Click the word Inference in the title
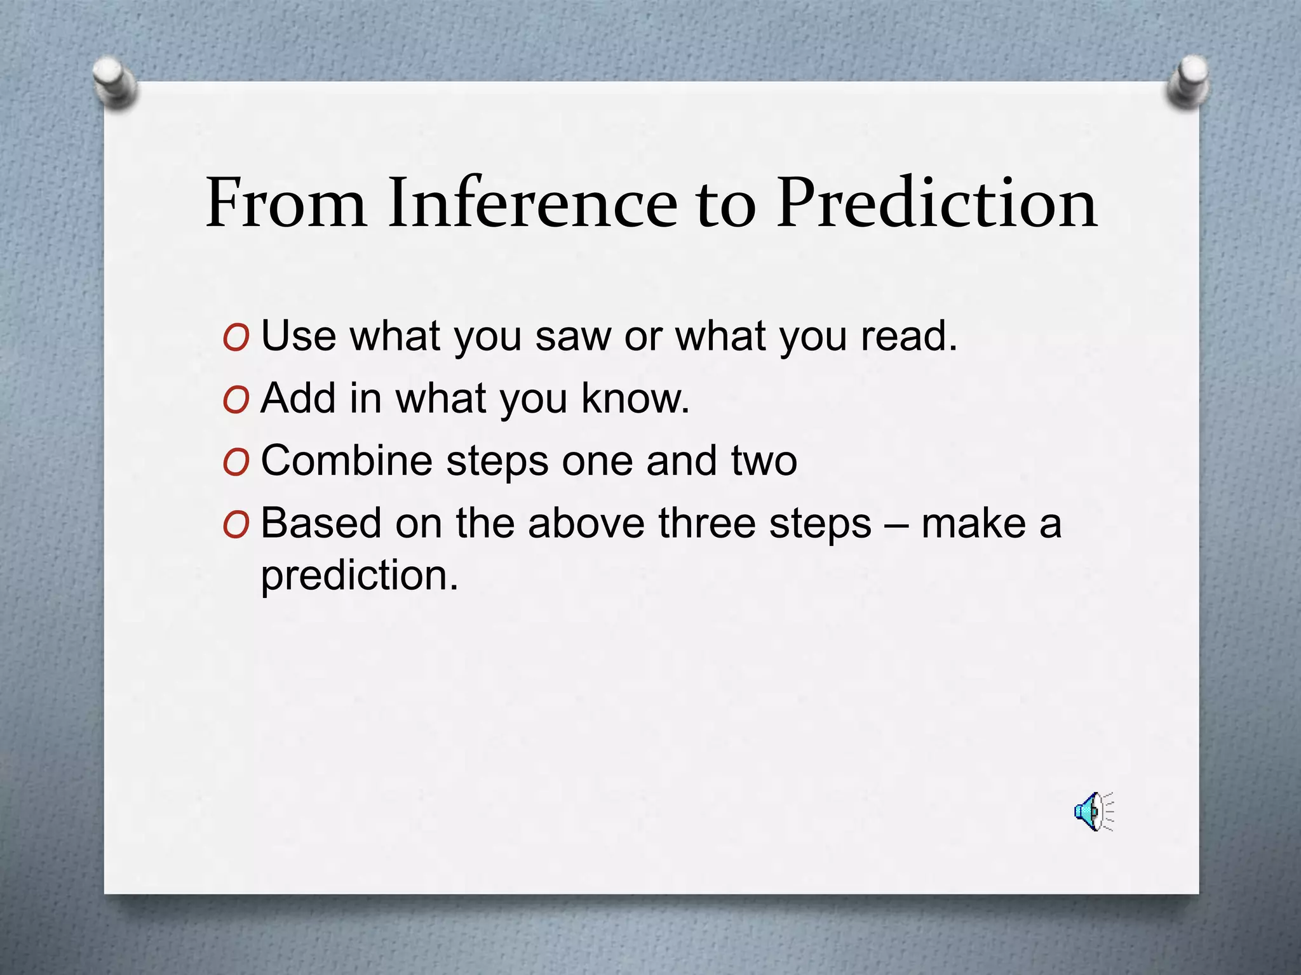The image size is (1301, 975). coord(532,203)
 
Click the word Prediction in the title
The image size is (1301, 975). coord(938,203)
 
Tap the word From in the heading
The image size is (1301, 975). coord(286,203)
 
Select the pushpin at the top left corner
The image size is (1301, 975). coord(115,83)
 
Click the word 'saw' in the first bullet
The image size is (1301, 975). coord(573,336)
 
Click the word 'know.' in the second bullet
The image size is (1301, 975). coord(635,398)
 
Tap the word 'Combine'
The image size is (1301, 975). coord(347,460)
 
